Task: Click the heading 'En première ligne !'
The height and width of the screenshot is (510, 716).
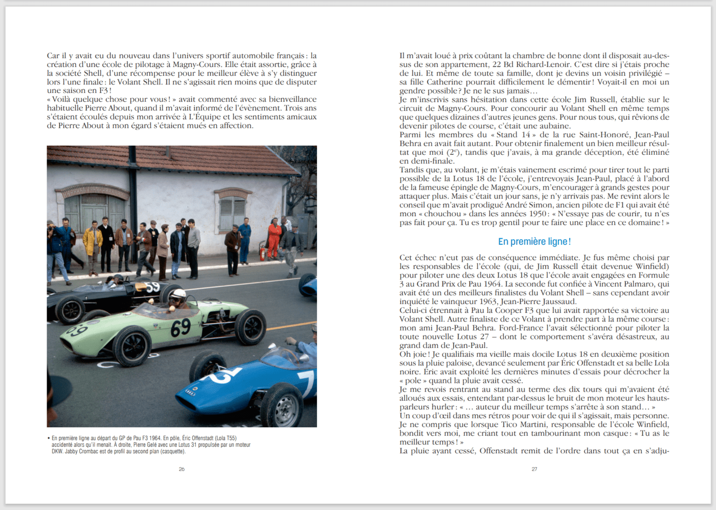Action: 534,242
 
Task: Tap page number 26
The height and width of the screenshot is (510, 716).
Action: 182,469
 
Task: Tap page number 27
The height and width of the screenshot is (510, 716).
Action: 534,469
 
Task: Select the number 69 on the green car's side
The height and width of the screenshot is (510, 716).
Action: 181,328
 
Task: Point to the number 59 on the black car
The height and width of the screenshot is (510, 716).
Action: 152,287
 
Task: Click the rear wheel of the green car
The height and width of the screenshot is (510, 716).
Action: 251,327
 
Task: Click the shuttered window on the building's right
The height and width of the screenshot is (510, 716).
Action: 233,212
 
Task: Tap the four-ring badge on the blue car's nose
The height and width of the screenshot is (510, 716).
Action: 190,392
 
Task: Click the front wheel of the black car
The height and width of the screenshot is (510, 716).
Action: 70,309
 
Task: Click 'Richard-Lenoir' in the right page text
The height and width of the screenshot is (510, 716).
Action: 543,64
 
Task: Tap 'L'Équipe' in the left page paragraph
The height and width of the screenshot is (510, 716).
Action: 205,117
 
